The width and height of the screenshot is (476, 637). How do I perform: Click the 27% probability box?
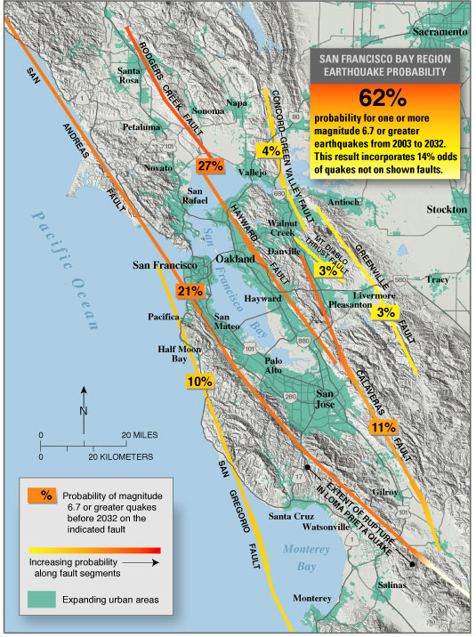210,165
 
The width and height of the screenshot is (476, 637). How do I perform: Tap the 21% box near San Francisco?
190,291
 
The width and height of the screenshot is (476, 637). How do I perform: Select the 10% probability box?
198,382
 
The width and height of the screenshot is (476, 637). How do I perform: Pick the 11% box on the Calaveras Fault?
383,427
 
